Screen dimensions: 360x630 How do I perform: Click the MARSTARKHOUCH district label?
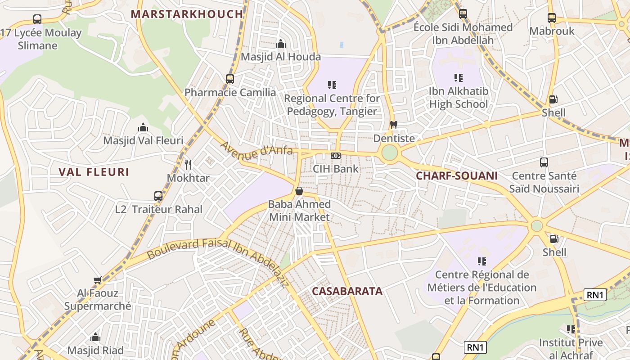(x=187, y=14)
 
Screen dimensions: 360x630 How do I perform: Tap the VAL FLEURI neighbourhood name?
(x=94, y=172)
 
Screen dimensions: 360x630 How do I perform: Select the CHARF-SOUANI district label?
(x=457, y=176)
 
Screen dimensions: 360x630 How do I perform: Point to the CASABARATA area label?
(x=347, y=291)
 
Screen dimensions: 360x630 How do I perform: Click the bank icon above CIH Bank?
(x=336, y=156)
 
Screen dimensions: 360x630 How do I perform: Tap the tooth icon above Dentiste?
(x=394, y=125)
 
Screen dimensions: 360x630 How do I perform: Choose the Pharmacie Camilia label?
(x=230, y=93)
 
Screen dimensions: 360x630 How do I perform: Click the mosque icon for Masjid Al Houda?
(x=281, y=44)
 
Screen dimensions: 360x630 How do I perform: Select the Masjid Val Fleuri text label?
(x=143, y=140)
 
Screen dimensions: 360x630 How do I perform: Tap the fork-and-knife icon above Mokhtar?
(x=188, y=165)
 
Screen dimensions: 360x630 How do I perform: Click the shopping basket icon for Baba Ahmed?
(x=299, y=191)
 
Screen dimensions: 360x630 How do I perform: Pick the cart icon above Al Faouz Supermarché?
(x=98, y=280)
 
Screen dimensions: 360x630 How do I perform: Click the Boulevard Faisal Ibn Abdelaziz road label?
(x=218, y=252)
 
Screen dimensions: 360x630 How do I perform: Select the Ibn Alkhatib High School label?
(x=458, y=98)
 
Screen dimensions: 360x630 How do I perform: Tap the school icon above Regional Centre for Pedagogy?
(x=332, y=85)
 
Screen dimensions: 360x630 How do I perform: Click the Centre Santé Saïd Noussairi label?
(x=544, y=182)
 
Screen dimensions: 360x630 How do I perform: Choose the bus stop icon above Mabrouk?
(x=552, y=18)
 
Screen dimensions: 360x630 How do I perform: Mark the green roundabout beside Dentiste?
(x=390, y=153)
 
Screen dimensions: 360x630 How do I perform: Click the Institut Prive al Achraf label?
(x=571, y=349)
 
